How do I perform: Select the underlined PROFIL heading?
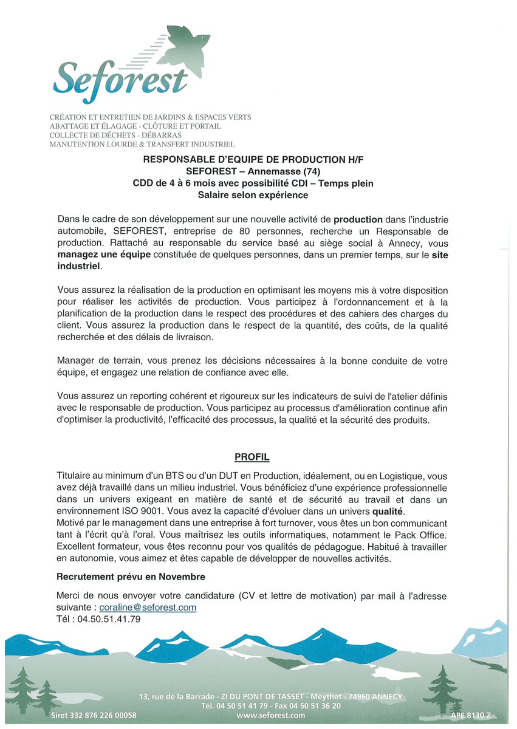pos(252,457)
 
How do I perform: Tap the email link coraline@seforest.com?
pos(148,607)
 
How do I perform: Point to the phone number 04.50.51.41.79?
pos(109,619)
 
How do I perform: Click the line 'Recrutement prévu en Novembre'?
pos(131,577)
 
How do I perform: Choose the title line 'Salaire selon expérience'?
pos(253,195)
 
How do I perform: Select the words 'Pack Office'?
pos(422,534)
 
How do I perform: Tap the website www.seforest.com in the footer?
pos(271,716)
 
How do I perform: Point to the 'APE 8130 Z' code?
pos(470,716)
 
